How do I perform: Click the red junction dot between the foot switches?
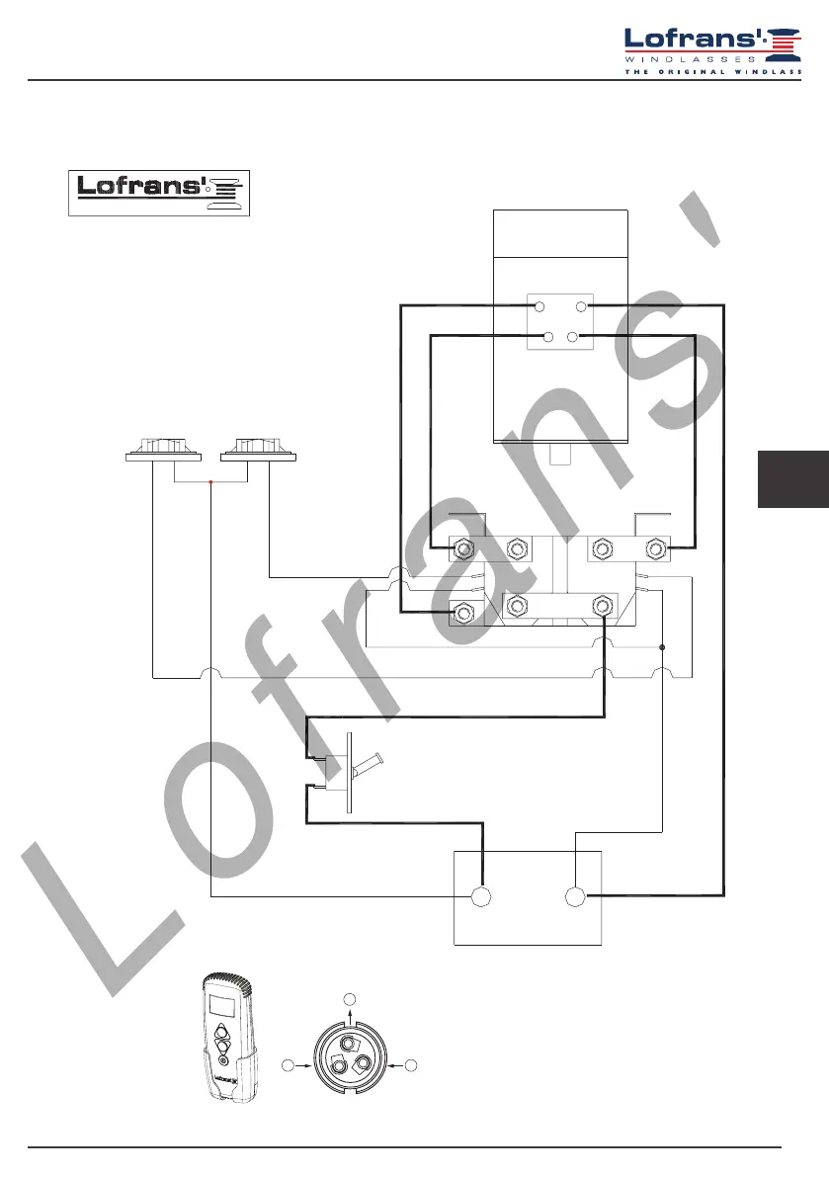[x=210, y=482]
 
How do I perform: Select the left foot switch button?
[x=164, y=450]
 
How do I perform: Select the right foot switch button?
[x=258, y=450]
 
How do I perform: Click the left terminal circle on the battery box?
[x=481, y=897]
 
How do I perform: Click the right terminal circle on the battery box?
[x=574, y=897]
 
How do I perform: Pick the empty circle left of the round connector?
[x=287, y=1065]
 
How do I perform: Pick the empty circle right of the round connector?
[x=410, y=1065]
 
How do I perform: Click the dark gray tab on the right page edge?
[x=792, y=477]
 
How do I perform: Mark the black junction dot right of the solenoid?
[x=661, y=647]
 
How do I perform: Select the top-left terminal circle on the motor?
[x=539, y=307]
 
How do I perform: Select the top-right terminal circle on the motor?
[x=581, y=307]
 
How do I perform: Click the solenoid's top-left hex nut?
[x=461, y=548]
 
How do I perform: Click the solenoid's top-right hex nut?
[x=653, y=548]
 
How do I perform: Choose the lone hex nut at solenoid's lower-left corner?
[x=460, y=613]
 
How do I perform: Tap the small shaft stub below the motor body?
[x=558, y=454]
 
